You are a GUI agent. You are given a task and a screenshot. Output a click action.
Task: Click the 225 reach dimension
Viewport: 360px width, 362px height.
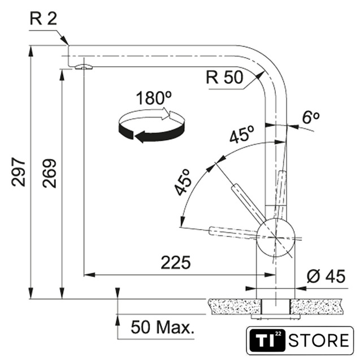[x=176, y=263]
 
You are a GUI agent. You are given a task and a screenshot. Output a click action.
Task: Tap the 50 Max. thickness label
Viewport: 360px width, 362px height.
[x=161, y=326]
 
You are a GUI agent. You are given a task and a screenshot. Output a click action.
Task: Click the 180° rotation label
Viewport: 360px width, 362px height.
[x=153, y=97]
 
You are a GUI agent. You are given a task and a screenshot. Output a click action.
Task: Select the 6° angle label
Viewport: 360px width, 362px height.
[x=310, y=118]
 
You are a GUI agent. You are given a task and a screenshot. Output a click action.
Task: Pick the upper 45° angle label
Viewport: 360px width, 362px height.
[x=242, y=136]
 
